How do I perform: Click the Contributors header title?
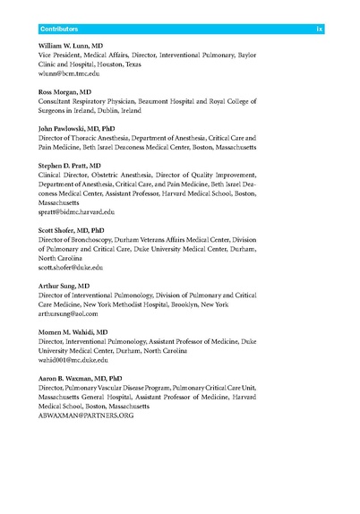point(64,30)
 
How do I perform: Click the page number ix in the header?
point(319,30)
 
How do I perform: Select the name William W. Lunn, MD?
point(79,46)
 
